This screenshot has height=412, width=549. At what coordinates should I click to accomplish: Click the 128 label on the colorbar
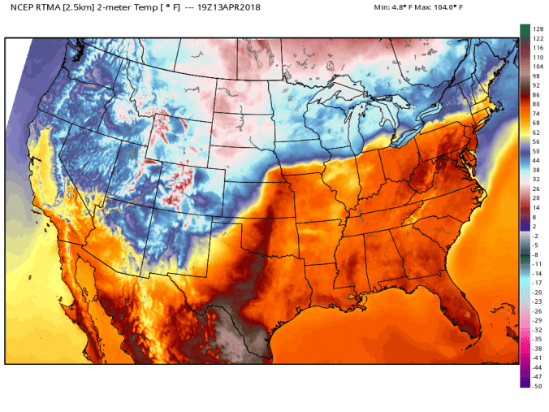tap(537, 29)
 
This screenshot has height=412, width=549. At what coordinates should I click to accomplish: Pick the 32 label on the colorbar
tap(535, 179)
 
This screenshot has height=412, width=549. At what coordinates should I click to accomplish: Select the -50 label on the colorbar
tap(537, 386)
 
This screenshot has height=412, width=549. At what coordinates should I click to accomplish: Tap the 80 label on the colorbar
tap(535, 104)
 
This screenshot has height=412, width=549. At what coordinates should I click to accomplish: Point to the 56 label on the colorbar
tap(535, 141)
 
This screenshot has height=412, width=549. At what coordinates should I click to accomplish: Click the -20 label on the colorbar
tap(537, 292)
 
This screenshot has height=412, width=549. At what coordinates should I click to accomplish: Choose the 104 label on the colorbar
tap(537, 67)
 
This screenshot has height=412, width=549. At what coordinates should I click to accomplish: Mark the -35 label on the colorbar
tap(537, 339)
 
